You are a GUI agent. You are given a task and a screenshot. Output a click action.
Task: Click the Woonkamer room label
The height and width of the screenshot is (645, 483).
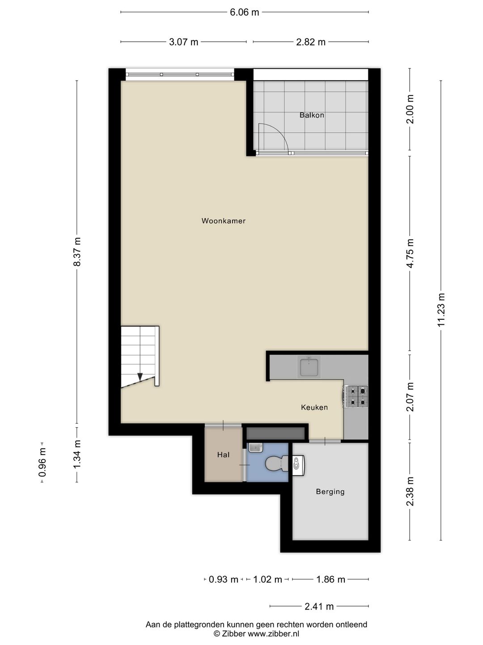click(x=223, y=221)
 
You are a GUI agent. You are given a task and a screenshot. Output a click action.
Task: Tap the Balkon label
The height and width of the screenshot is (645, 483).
click(x=312, y=115)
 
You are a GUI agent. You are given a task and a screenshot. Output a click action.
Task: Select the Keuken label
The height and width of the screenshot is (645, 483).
click(x=314, y=407)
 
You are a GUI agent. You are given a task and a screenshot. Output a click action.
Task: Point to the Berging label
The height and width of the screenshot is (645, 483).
click(x=330, y=491)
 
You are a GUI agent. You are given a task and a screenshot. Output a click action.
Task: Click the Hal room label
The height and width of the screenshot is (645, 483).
click(x=223, y=455)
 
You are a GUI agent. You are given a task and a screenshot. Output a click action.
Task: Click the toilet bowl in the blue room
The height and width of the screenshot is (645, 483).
click(x=274, y=464)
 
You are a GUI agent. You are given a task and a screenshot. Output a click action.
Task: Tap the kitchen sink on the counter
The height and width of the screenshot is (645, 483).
click(x=309, y=367)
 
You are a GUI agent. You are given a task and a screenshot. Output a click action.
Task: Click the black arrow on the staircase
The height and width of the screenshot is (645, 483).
click(x=140, y=377)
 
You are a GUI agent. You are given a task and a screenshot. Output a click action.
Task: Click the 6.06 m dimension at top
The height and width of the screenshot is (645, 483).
click(x=244, y=12)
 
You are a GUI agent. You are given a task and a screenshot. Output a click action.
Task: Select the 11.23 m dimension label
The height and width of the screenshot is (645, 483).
click(x=441, y=310)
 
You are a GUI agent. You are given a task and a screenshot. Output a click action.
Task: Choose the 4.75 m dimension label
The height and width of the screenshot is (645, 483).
click(x=410, y=253)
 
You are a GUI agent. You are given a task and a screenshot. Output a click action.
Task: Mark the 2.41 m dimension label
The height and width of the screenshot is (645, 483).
click(x=319, y=606)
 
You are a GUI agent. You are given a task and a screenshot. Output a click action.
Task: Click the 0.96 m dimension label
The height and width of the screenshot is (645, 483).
click(x=42, y=462)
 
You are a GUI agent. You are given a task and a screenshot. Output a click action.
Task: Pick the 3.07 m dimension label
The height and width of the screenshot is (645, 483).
click(x=183, y=42)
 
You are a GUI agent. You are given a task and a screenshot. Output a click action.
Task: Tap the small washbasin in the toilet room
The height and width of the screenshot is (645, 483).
click(x=254, y=447)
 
